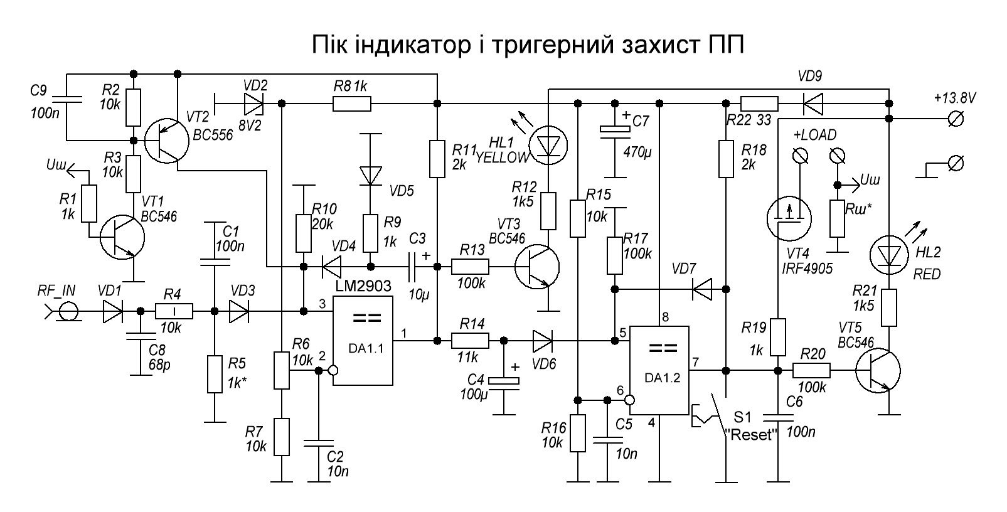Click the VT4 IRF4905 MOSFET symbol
(789, 218)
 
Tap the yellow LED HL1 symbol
(548, 146)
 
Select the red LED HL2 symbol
(889, 255)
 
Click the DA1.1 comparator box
(363, 341)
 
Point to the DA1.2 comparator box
(659, 370)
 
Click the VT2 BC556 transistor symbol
(167, 141)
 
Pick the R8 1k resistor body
(352, 104)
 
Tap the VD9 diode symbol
(813, 104)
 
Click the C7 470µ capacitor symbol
(615, 129)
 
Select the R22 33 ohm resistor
(759, 104)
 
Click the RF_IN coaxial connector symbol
(68, 311)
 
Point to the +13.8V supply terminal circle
(956, 119)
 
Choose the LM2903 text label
(363, 286)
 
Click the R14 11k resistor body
(470, 341)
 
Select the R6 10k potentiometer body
(282, 370)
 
